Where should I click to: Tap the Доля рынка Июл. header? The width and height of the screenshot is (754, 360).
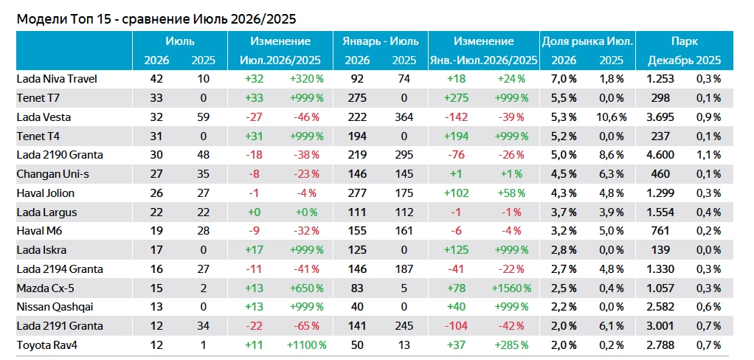[587, 41]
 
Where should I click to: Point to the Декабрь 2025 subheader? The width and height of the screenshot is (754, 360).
[684, 60]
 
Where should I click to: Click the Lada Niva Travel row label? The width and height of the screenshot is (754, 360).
[57, 79]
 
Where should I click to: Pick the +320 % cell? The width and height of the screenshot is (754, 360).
[306, 79]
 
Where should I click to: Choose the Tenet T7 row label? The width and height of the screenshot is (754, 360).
[38, 98]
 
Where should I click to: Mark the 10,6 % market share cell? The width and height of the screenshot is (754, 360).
[611, 117]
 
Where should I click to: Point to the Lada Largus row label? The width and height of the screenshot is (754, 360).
[46, 212]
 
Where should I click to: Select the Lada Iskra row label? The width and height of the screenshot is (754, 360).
[41, 250]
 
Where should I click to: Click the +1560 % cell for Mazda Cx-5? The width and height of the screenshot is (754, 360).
[511, 288]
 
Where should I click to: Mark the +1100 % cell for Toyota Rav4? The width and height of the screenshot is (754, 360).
[306, 345]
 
